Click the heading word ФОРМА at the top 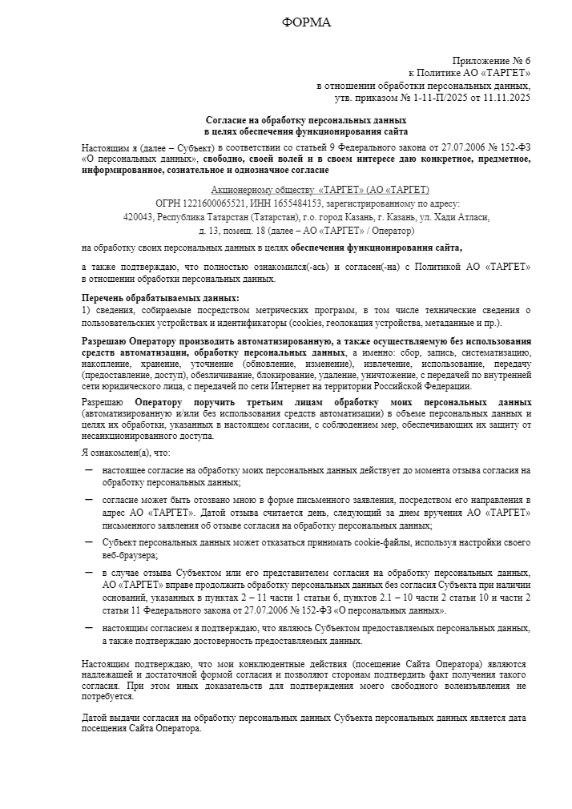coord(306,22)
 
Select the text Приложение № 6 coord(491,61)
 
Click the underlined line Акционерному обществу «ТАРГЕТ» coord(320,190)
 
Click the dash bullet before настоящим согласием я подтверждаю coord(88,629)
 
